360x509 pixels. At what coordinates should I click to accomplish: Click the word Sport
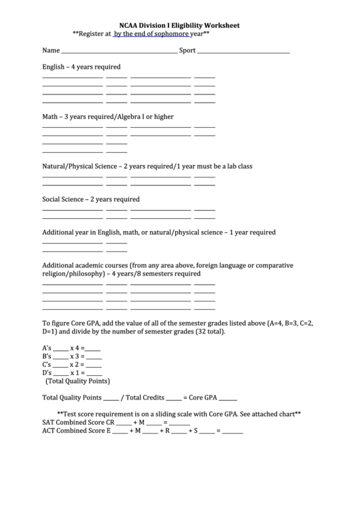(x=187, y=50)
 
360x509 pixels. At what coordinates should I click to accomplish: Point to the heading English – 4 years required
(x=82, y=67)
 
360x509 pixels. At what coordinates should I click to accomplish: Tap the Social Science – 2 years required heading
(x=91, y=199)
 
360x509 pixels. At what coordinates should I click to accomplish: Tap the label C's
(x=47, y=364)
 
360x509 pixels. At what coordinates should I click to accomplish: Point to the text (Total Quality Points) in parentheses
(x=77, y=381)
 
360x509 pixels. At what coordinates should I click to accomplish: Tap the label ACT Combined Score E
(x=76, y=430)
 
